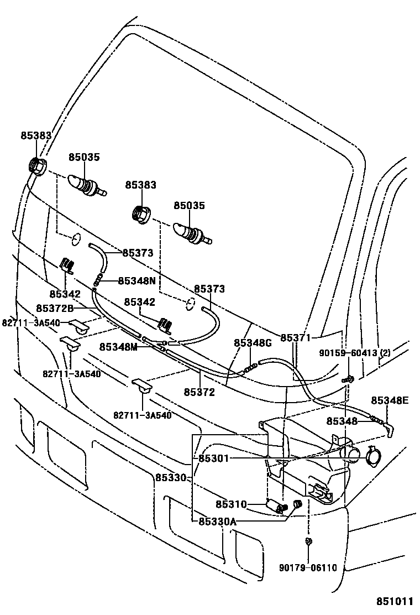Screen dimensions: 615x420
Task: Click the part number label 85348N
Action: point(136,280)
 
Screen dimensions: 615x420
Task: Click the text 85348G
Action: point(253,343)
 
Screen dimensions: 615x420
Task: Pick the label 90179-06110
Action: point(308,567)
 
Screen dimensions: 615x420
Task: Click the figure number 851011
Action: point(396,601)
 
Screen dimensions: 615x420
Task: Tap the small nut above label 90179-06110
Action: point(307,540)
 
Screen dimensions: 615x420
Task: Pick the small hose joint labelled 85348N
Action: point(99,278)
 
